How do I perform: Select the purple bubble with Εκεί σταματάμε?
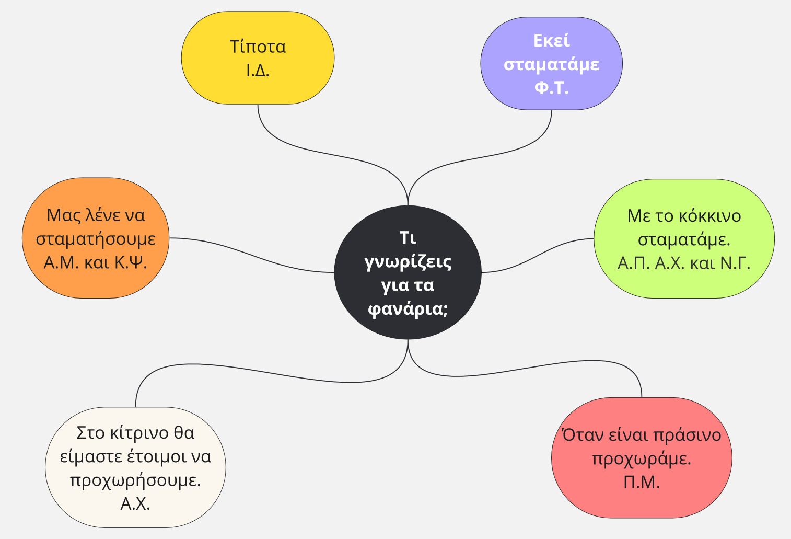tap(551, 63)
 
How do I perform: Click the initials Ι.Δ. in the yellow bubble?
tap(258, 70)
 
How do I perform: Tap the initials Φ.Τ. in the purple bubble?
tap(551, 87)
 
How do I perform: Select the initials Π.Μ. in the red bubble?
tap(642, 482)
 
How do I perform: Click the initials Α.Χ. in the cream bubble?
tap(135, 503)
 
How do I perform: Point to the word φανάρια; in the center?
tap(408, 309)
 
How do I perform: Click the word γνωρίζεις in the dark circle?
tap(408, 261)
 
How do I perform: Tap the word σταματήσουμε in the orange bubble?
tap(96, 238)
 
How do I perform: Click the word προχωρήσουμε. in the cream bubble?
tap(135, 480)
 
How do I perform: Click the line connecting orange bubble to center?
tap(251, 255)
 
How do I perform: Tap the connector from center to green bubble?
tap(538, 255)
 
